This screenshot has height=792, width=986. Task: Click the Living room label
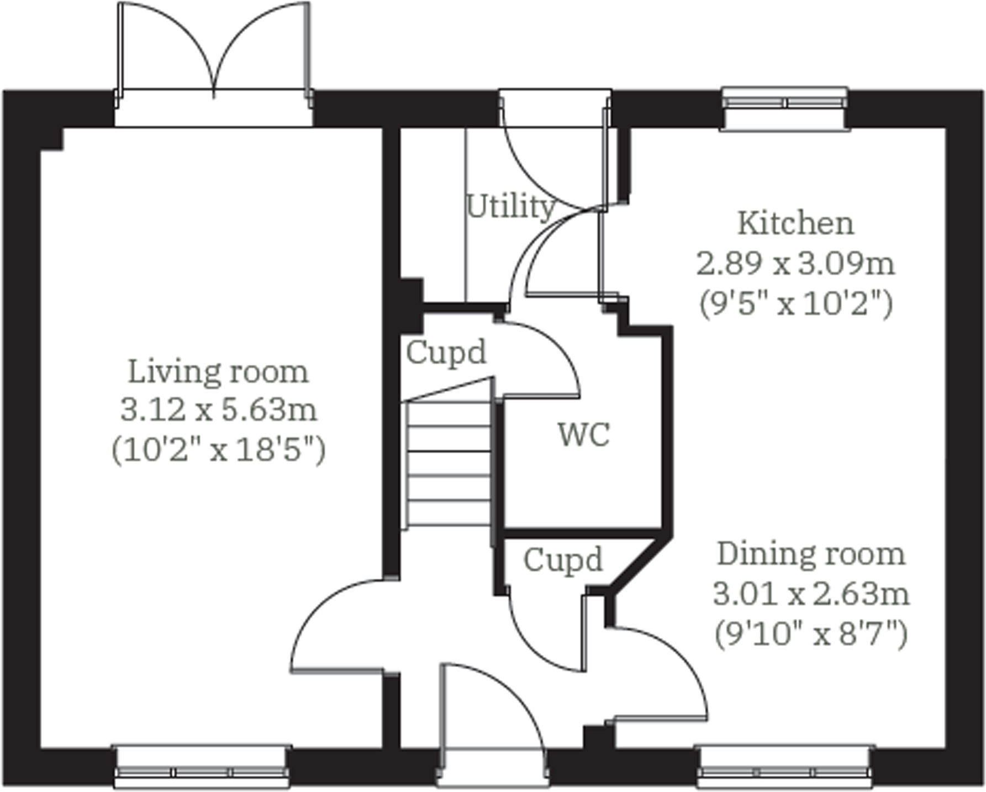pos(218,372)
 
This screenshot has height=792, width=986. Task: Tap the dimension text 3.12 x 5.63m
pos(219,411)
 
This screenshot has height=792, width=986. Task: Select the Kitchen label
pos(795,224)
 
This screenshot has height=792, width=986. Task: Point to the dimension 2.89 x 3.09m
pos(795,264)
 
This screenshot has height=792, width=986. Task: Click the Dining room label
pos(811,554)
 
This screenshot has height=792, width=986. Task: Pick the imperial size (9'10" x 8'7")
pos(811,634)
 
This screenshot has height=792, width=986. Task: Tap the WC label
pos(584,435)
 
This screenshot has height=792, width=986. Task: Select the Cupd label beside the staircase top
pos(446,353)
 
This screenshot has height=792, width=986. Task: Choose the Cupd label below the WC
pos(562,560)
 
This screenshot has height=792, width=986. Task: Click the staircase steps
pos(449,464)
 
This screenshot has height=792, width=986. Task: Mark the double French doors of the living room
pos(213,55)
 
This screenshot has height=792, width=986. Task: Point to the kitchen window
pos(784,108)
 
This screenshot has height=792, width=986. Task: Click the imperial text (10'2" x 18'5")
pos(219,450)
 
